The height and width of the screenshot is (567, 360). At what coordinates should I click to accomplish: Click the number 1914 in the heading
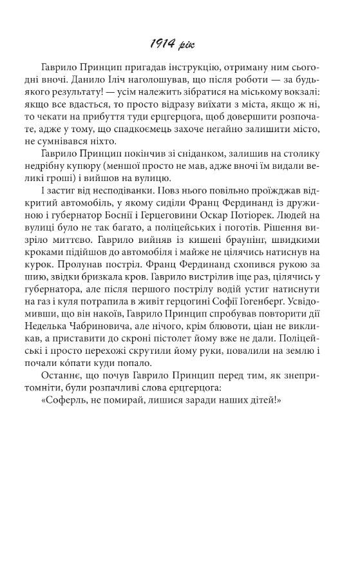coord(161,46)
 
